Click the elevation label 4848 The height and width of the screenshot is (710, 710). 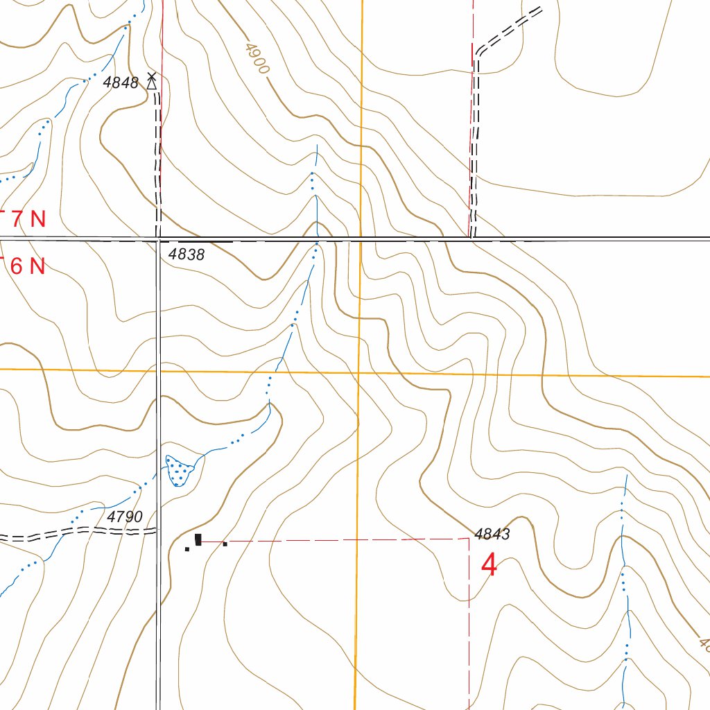[121, 83]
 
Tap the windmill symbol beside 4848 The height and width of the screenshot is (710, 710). [152, 82]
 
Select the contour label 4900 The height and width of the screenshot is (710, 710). [256, 58]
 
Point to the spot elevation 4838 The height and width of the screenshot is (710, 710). [187, 255]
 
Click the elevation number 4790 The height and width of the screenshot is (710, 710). [125, 517]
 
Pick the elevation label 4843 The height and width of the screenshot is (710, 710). [492, 534]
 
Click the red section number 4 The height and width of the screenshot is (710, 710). [489, 566]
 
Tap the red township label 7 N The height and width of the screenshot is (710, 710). [28, 219]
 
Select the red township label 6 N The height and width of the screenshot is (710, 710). [28, 266]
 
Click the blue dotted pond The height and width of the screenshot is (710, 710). [180, 469]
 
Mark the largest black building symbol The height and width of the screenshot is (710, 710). [198, 539]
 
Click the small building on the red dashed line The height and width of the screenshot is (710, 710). [225, 544]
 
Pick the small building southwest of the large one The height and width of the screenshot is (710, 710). [187, 549]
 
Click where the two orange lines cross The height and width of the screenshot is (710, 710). [359, 372]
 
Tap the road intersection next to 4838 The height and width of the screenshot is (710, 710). [158, 240]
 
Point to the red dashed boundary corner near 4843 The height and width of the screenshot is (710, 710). [469, 538]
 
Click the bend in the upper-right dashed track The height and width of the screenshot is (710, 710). [477, 55]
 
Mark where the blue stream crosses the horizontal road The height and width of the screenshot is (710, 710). [317, 239]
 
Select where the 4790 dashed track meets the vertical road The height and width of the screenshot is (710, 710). [157, 531]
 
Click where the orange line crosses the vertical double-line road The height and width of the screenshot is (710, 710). [158, 370]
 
